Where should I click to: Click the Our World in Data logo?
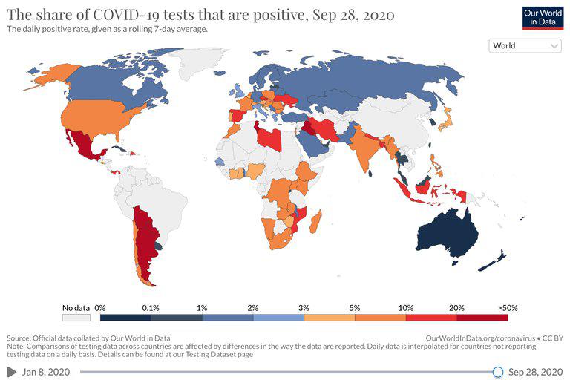[540, 18]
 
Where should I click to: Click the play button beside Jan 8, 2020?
[11, 371]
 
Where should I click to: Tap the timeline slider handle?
[498, 371]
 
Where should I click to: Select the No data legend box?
[76, 317]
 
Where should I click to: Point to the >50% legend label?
[508, 307]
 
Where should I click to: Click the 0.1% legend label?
[151, 307]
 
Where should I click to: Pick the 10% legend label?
[405, 307]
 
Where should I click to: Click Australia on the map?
[445, 234]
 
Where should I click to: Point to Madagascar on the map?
[315, 220]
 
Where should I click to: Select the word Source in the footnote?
[19, 338]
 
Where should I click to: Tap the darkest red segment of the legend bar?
[482, 317]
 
